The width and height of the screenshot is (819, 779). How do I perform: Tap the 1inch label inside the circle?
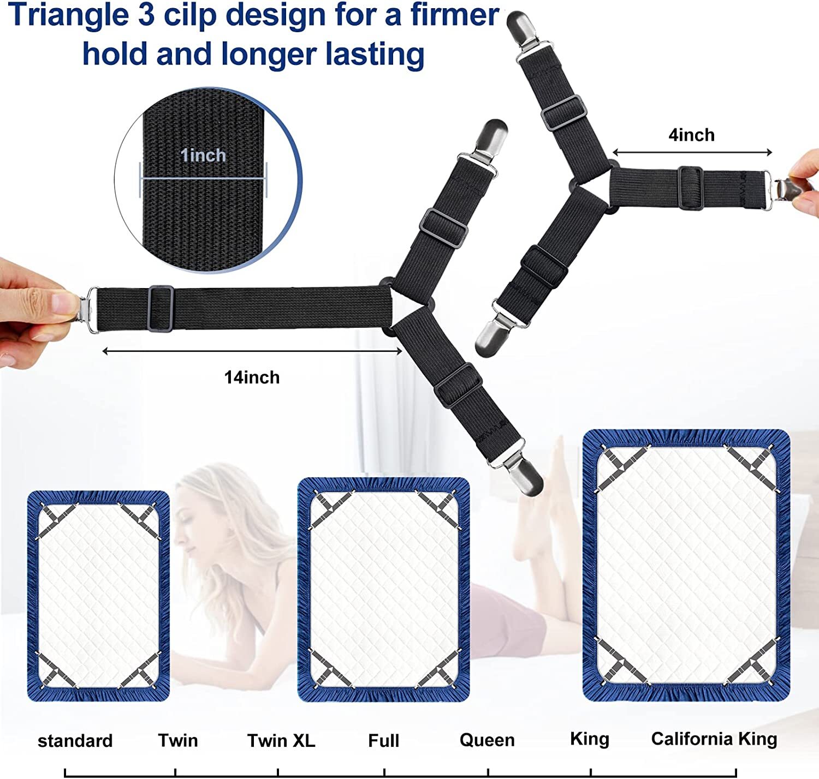[203, 155]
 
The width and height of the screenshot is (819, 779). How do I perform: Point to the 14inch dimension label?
[252, 377]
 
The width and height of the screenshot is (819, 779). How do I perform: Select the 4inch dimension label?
[691, 135]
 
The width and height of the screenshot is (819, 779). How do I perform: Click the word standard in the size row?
[75, 741]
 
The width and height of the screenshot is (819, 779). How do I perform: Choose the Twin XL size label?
[281, 741]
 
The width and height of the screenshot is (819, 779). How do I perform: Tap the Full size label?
[383, 741]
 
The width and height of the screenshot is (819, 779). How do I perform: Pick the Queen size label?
[487, 740]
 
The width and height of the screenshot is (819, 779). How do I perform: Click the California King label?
[714, 739]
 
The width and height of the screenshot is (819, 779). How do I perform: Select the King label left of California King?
[590, 739]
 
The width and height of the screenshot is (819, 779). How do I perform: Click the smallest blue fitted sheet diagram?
[98, 596]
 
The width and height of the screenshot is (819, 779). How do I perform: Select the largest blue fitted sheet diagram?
[686, 565]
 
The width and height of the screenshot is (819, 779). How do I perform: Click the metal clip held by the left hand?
[85, 309]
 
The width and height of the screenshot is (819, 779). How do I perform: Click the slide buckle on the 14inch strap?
[160, 308]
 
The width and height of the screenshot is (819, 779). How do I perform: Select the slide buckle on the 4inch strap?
[690, 187]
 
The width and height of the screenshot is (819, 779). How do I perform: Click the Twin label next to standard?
[178, 741]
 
